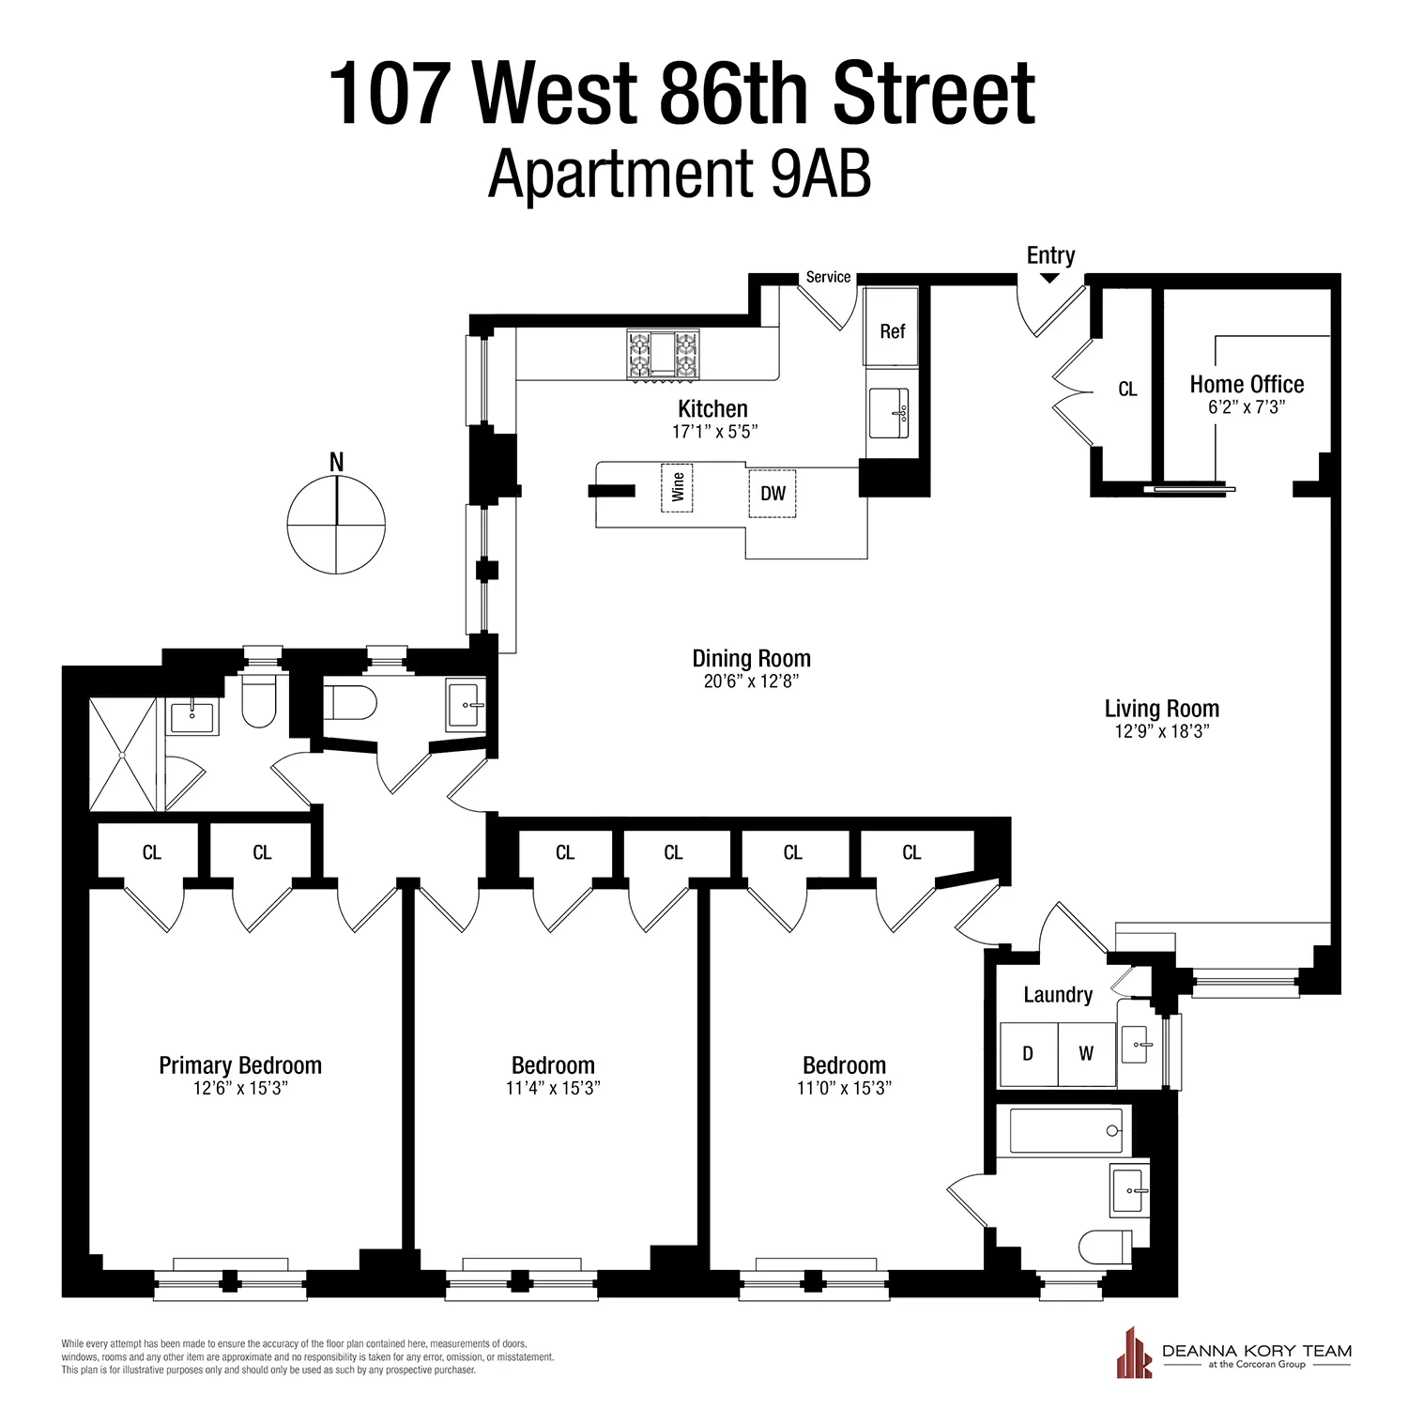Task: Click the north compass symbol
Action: [x=336, y=524]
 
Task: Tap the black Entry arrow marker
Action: [x=1050, y=277]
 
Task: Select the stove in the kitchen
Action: [x=664, y=356]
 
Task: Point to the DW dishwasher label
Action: [x=773, y=494]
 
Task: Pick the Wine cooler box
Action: [x=677, y=487]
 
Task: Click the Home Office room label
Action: [x=1247, y=385]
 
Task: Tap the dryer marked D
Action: [x=1028, y=1054]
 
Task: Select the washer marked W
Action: [x=1086, y=1054]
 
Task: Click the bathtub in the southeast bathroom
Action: [x=1066, y=1130]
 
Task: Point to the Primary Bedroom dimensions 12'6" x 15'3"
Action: [x=240, y=1089]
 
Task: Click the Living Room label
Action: [x=1161, y=709]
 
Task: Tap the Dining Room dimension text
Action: [x=751, y=681]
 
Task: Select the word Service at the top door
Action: [x=828, y=277]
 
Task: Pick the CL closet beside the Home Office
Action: [x=1127, y=389]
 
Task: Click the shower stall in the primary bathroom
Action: [x=123, y=755]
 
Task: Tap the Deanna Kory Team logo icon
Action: [x=1134, y=1354]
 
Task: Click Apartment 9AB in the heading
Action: [x=680, y=176]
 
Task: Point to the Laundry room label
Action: [x=1058, y=995]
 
